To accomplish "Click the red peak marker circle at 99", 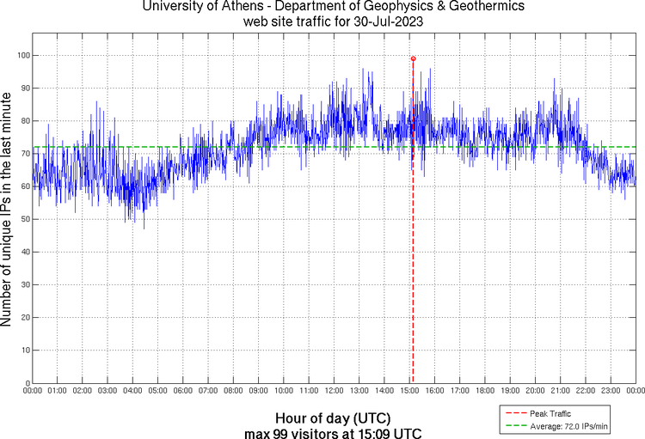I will click(413, 58).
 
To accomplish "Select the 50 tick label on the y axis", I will click(24, 219).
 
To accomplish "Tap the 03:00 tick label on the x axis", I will click(107, 392).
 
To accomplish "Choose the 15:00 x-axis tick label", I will click(409, 392).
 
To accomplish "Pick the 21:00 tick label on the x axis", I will click(560, 392).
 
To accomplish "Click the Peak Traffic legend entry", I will click(550, 413).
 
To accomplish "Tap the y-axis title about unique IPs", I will click(8, 210).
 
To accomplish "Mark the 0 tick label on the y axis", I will click(27, 383).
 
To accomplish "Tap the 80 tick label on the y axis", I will click(24, 120).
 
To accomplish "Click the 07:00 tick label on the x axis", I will click(208, 392).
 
